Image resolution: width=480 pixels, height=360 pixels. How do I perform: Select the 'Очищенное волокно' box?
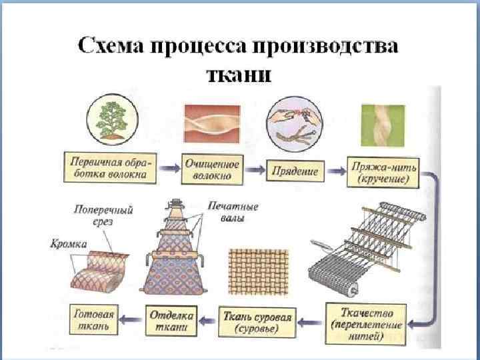(212, 169)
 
